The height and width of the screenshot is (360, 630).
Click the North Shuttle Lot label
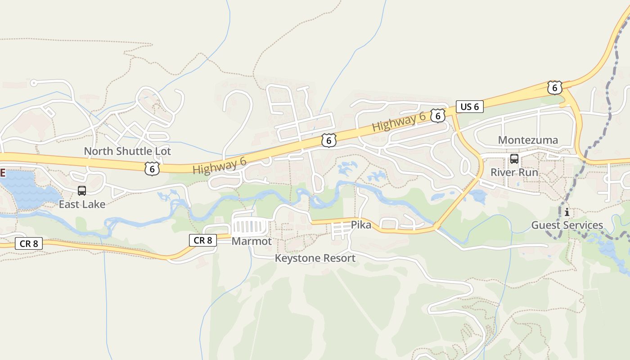pos(127,151)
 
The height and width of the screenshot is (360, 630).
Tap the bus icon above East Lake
pos(81,191)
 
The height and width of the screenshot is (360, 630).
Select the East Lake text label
pos(82,204)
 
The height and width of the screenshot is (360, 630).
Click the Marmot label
pos(252,241)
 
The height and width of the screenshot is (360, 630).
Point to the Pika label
pos(361,225)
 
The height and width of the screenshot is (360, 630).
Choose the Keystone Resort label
pos(315,258)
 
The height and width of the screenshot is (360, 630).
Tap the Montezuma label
pos(527,140)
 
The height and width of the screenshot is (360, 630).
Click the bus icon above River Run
pos(514,159)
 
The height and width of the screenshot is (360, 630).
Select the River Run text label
pos(514,172)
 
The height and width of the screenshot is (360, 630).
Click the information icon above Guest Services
pos(567,212)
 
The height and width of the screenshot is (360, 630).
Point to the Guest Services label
pos(567,225)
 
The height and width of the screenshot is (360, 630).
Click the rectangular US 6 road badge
pos(469,107)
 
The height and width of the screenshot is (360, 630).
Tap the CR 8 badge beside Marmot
pos(202,240)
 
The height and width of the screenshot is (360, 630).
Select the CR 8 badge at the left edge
pos(29,244)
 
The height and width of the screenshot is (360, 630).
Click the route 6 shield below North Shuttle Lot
pos(152,169)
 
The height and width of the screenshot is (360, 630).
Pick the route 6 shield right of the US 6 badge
pos(554,88)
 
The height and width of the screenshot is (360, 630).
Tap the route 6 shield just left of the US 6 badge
pos(437,116)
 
